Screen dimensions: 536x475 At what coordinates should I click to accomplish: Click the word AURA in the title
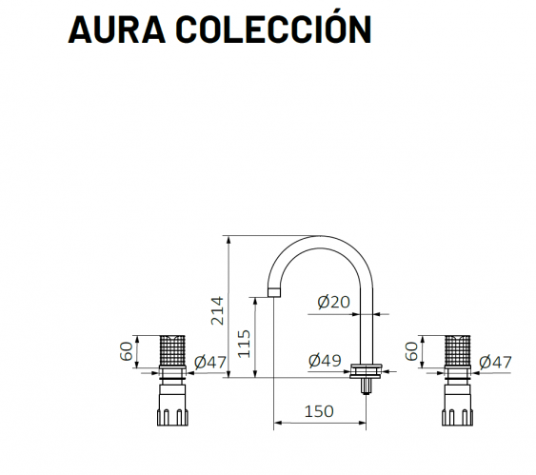117,30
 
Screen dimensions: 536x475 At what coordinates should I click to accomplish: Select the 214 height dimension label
217,310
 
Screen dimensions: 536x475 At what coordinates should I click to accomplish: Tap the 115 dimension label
244,344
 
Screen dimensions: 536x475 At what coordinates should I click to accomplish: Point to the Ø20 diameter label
333,302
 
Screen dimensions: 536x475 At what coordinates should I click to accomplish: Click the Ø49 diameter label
325,361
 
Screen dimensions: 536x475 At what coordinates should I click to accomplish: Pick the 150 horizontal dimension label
319,411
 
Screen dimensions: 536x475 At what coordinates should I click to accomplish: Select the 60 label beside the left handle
126,351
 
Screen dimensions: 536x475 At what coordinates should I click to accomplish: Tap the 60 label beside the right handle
411,351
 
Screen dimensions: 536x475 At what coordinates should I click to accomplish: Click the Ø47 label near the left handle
210,363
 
